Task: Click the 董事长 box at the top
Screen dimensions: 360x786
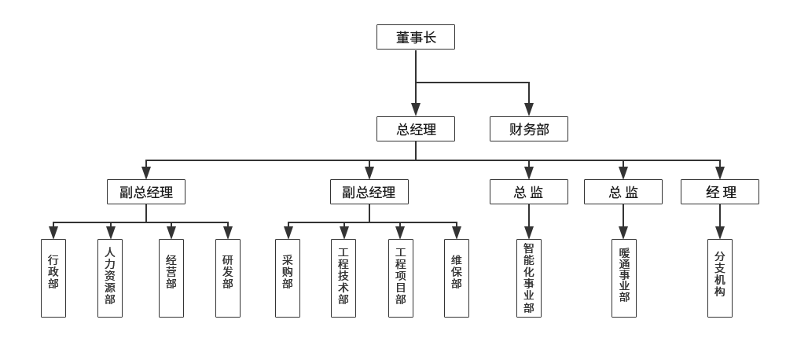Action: (415, 37)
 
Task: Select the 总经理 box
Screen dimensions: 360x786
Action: (415, 129)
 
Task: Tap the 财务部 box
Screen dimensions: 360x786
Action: (528, 129)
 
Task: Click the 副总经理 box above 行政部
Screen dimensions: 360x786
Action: (146, 192)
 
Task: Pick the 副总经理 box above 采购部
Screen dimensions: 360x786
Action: (369, 192)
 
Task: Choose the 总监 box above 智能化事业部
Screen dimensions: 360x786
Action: (528, 192)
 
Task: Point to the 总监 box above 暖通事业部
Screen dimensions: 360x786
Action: (623, 192)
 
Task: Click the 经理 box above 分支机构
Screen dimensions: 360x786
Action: (719, 192)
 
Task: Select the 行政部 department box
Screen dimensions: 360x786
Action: (53, 277)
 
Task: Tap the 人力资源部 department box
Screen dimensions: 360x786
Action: (110, 277)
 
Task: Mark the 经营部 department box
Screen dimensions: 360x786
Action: (171, 277)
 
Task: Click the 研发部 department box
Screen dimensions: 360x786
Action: (228, 277)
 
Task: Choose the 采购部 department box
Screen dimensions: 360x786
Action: (288, 277)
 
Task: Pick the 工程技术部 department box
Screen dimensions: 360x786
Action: (343, 277)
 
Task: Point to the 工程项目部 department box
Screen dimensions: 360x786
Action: (401, 277)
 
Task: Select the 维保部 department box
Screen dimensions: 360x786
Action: (457, 277)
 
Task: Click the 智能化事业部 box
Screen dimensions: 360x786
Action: (529, 277)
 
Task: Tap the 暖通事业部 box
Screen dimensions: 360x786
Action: (624, 277)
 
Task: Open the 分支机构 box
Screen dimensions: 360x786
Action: (720, 277)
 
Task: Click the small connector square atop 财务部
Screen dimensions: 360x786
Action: (529, 108)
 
